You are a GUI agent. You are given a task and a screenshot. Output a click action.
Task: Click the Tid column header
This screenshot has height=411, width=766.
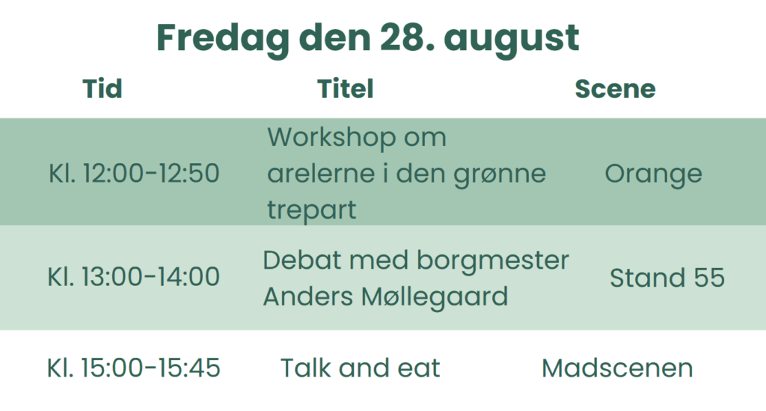(102, 88)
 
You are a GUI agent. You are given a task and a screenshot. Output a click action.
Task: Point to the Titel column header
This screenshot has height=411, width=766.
(346, 88)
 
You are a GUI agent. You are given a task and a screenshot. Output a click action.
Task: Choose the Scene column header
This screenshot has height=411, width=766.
(615, 88)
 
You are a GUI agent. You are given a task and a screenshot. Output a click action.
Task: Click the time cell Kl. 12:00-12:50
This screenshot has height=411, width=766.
(134, 173)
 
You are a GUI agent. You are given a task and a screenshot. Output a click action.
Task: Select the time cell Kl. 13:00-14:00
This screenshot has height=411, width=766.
(133, 276)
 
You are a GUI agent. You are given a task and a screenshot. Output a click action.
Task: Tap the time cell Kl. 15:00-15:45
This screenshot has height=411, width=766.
(133, 368)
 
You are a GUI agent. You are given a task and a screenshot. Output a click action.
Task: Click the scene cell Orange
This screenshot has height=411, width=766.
(653, 174)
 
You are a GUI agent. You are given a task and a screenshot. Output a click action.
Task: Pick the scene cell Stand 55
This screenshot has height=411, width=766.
(667, 278)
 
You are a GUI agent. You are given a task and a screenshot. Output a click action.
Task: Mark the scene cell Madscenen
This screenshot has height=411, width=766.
(617, 368)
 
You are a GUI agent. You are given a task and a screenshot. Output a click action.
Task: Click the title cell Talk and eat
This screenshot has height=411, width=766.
(360, 368)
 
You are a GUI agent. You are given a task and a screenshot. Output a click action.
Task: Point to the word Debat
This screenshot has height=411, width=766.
(301, 260)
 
